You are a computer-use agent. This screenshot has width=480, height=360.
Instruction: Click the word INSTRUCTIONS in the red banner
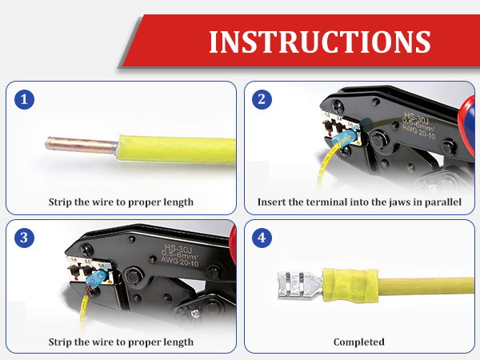pos(320,42)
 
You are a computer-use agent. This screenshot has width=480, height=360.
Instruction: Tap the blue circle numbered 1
pos(25,99)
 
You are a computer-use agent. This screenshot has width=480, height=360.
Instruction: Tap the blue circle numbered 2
pos(262,99)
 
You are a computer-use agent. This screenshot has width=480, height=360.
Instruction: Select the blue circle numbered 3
pos(25,238)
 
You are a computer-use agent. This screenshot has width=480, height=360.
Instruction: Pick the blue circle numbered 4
pos(262,238)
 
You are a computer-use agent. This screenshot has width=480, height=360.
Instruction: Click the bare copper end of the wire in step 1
pos(82,145)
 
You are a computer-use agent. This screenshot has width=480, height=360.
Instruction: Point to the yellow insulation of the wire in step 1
pos(177,150)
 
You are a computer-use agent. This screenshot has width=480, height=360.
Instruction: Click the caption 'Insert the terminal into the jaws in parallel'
pos(359,202)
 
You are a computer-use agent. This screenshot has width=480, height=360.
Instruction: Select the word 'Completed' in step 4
pos(359,342)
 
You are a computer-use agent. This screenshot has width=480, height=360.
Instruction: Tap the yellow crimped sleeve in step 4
pos(350,286)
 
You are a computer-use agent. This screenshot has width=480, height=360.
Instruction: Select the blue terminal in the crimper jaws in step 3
pos(96,278)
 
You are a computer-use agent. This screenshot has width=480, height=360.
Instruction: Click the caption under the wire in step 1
pos(121,202)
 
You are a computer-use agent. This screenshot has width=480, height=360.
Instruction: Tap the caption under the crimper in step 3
pos(121,342)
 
